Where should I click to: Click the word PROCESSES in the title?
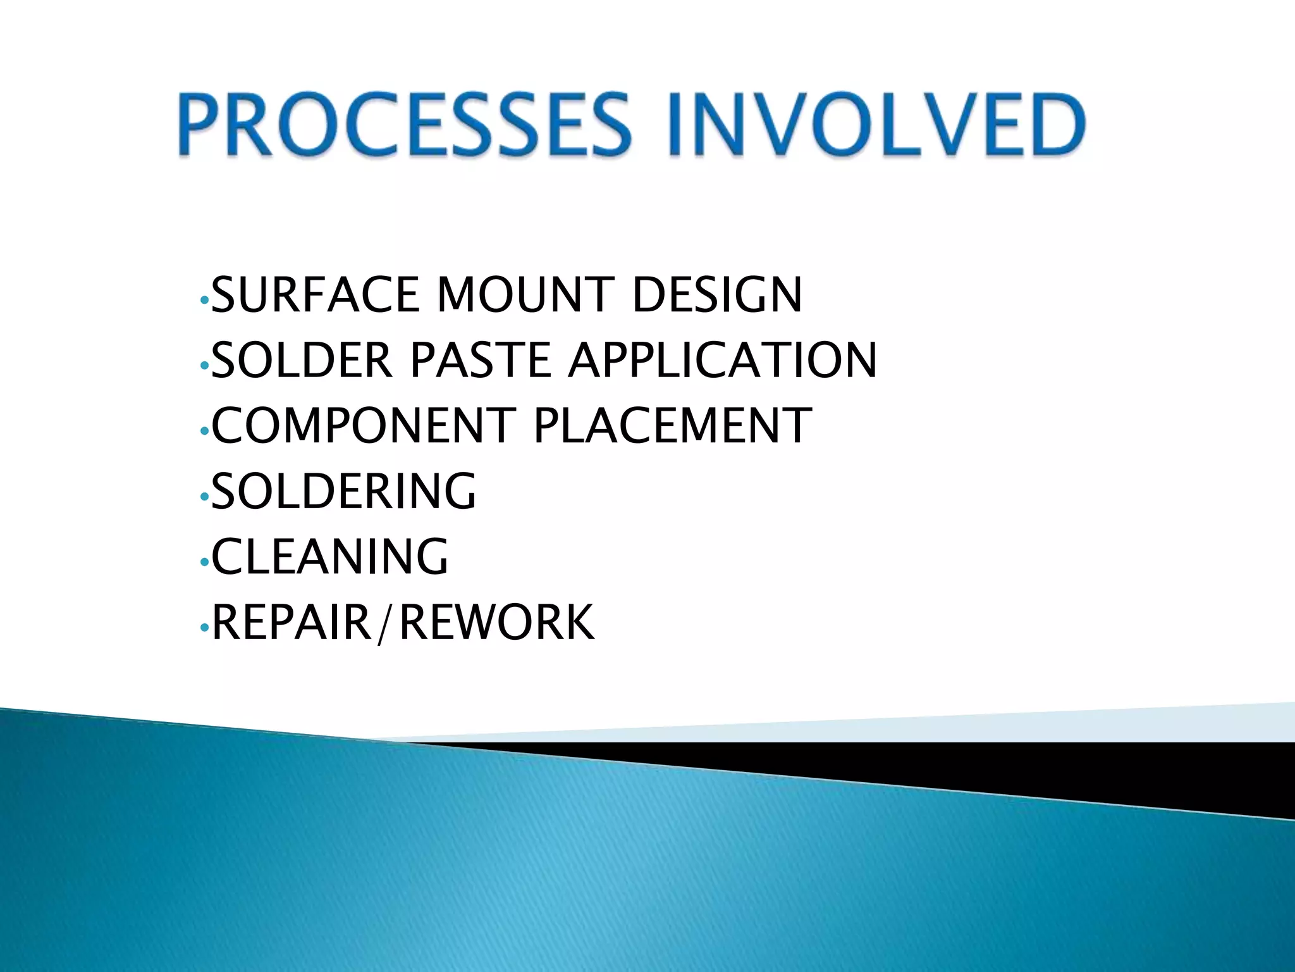(404, 124)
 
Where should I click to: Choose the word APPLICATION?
(722, 360)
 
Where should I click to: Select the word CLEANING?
(329, 556)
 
